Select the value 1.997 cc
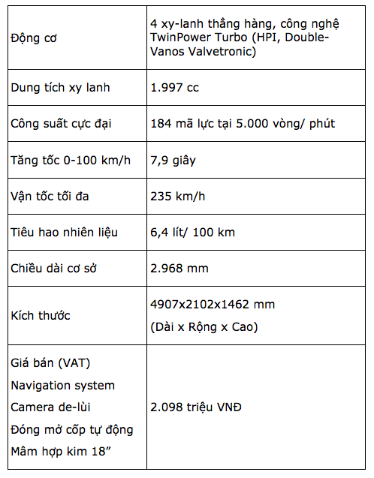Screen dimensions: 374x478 (x=174, y=87)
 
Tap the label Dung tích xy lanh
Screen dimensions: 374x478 (x=60, y=87)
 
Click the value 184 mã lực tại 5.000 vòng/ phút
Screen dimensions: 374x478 (x=243, y=123)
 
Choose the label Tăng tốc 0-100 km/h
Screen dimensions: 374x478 (x=71, y=159)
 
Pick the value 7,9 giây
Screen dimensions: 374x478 (x=175, y=159)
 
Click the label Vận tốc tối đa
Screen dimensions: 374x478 (x=60, y=196)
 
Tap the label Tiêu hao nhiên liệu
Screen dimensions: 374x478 (x=65, y=232)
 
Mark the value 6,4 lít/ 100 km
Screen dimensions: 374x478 (x=192, y=232)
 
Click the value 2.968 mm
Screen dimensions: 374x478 (x=179, y=268)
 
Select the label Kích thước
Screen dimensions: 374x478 (x=41, y=315)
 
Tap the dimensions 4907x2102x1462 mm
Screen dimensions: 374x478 (x=213, y=304)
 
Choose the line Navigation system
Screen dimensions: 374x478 (x=63, y=386)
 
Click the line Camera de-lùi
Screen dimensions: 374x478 (x=53, y=407)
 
